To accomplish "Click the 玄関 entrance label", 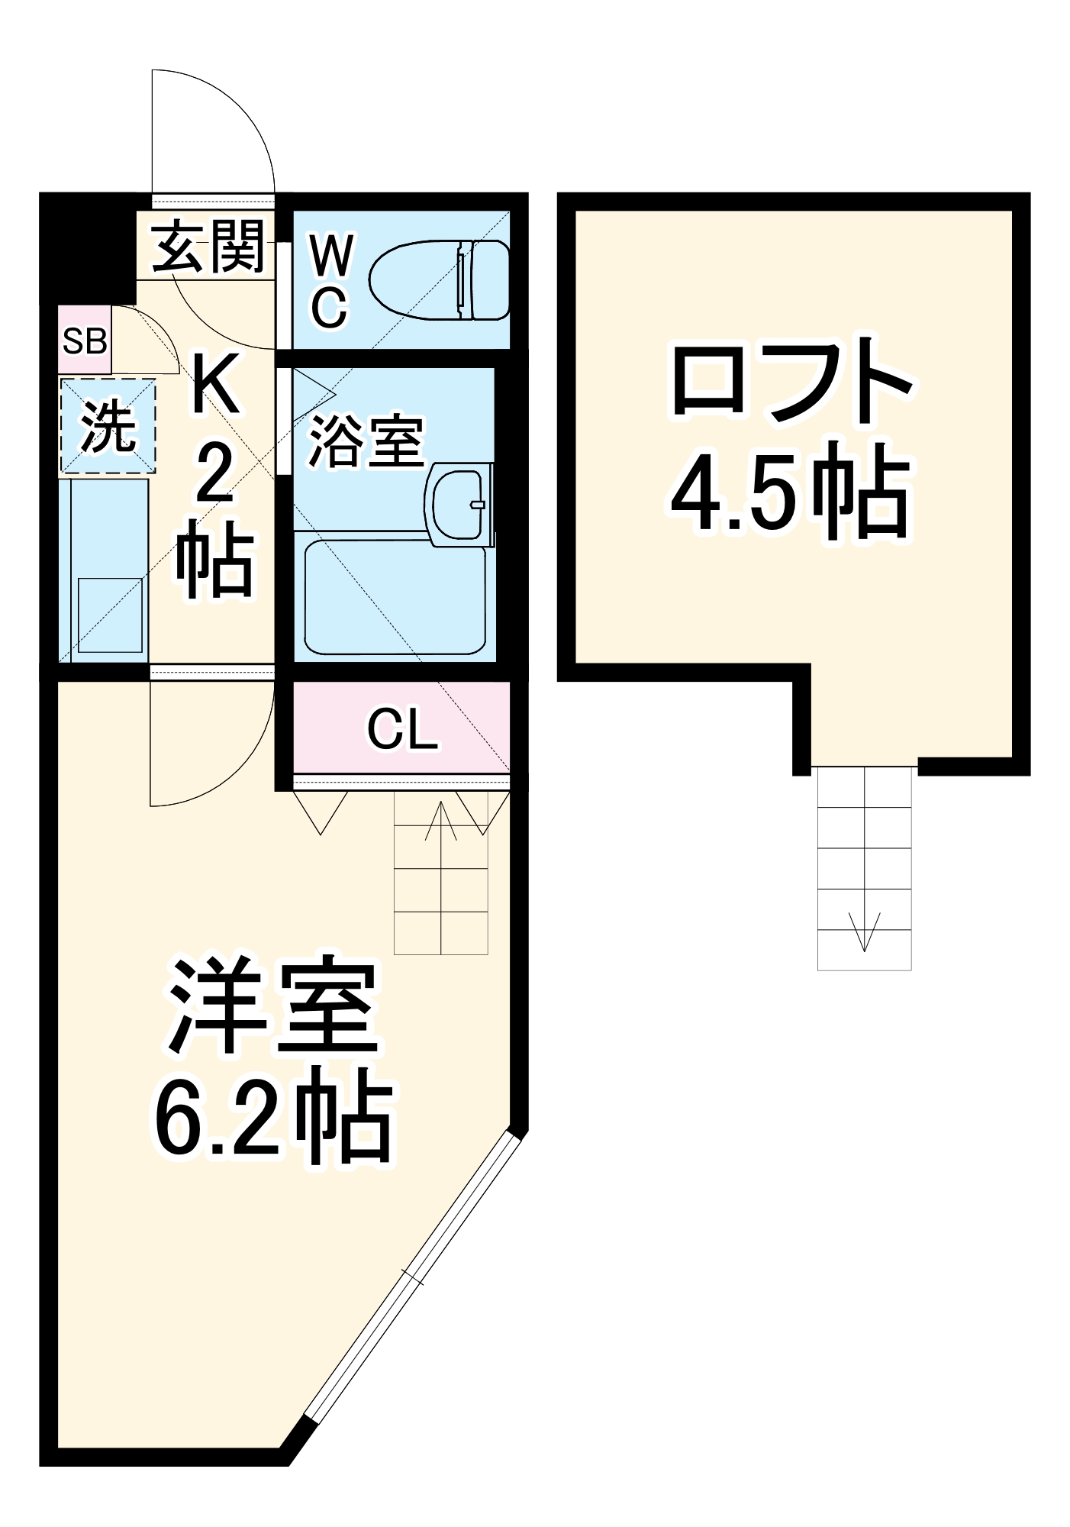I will (x=208, y=246).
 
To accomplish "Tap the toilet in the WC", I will (x=440, y=280).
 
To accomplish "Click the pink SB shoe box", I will (x=85, y=341).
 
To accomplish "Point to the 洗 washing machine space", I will (x=108, y=426).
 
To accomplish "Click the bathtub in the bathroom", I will (x=395, y=598).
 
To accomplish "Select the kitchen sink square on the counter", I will (x=111, y=615).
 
